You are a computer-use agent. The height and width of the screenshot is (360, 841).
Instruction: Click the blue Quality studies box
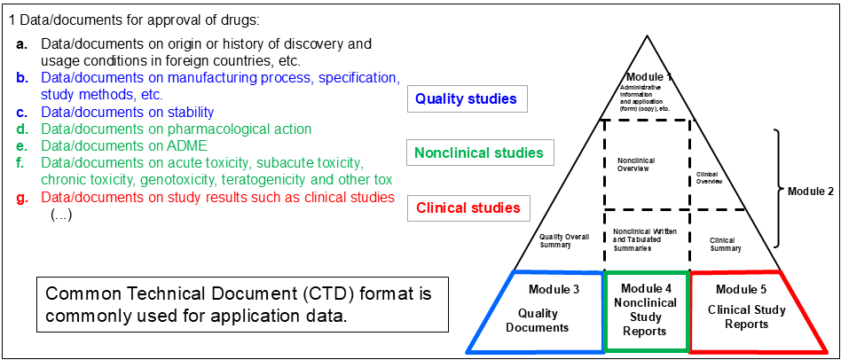tap(466, 98)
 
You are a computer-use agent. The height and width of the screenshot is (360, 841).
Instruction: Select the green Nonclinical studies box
tap(479, 153)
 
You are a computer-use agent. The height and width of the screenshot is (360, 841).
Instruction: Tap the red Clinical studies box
tap(468, 208)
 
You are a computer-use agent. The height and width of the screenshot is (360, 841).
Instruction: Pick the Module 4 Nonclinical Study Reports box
tap(648, 309)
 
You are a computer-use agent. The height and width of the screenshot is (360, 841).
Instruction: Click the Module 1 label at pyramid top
tap(648, 77)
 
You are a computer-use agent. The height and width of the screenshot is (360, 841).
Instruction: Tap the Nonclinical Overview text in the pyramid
tap(634, 164)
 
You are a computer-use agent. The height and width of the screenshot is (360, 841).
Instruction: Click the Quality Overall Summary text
tap(564, 240)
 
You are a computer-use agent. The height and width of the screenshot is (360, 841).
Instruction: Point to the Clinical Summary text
tap(726, 244)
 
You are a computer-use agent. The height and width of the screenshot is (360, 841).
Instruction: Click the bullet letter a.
tap(22, 43)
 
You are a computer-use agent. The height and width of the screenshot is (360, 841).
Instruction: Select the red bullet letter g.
tap(22, 198)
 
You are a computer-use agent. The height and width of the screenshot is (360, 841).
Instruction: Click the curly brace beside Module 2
tap(781, 188)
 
